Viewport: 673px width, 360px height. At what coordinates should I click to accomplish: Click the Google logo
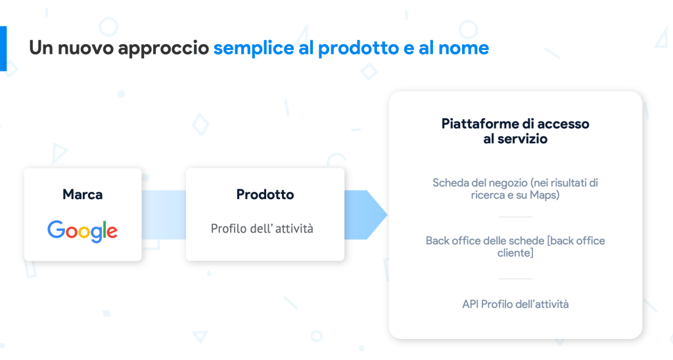[82, 231]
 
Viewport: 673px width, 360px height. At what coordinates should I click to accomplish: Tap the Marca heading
[82, 194]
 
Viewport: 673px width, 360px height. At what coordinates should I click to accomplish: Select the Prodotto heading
[266, 194]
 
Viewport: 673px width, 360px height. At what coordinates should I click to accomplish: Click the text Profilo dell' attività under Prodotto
[262, 229]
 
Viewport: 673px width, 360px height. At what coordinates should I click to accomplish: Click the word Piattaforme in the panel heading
[478, 124]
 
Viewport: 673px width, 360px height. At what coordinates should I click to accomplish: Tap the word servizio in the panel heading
[522, 139]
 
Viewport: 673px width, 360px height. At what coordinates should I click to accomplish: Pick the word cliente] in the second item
[515, 253]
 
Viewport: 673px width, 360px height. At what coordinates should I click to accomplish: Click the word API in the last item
[471, 304]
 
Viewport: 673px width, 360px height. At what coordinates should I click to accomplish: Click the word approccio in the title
[164, 49]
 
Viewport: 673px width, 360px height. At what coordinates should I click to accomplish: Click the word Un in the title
[41, 48]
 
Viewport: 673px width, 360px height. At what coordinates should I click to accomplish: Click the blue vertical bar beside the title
[3, 49]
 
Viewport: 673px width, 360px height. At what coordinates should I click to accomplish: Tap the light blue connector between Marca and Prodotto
[164, 215]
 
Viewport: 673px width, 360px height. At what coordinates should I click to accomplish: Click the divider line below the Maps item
[515, 217]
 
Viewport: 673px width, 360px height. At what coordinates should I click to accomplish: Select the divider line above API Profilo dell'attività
[515, 279]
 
